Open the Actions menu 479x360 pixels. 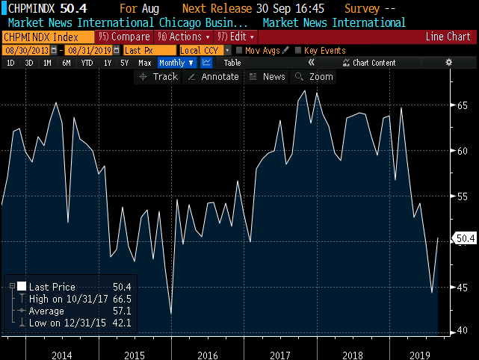(181, 37)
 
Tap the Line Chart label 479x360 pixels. (448, 37)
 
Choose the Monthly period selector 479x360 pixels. (176, 63)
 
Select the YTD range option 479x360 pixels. (87, 63)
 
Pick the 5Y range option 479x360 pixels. (124, 63)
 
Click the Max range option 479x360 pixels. (145, 63)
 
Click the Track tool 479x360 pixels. (159, 77)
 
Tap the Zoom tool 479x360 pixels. (315, 77)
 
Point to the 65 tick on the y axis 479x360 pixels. (463, 105)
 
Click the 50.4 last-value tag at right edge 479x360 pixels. (466, 239)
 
